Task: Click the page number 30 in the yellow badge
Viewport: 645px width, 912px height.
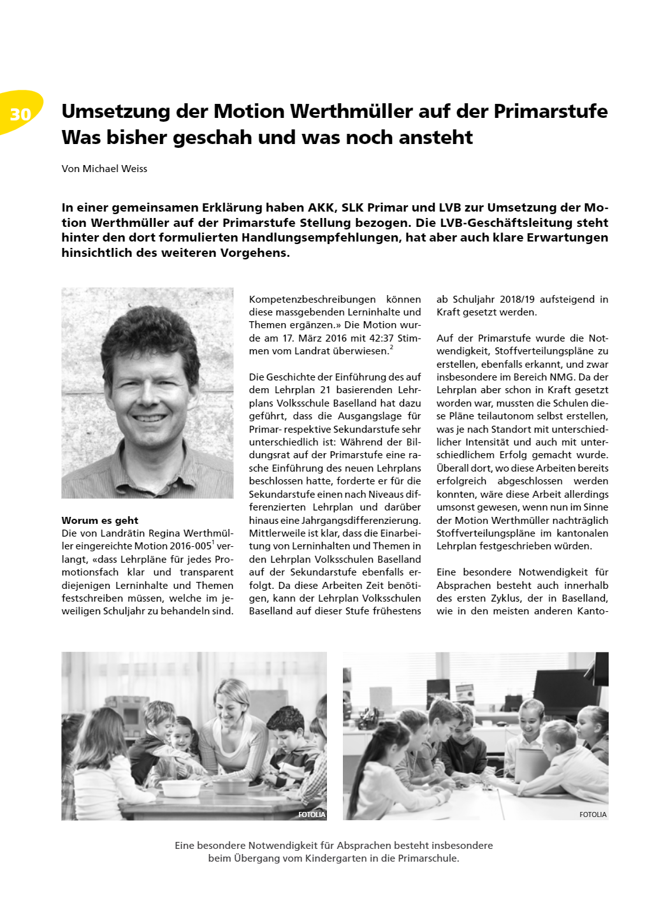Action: (x=20, y=114)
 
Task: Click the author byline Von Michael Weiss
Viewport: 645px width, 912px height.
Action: (x=105, y=169)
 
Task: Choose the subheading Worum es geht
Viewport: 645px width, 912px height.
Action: (x=100, y=520)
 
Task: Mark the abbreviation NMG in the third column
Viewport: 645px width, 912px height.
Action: (x=562, y=377)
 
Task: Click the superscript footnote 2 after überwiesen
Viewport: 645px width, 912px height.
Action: (x=391, y=348)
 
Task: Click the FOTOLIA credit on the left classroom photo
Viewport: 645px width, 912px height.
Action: (x=312, y=814)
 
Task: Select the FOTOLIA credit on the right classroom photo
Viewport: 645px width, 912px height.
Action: (x=593, y=814)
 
